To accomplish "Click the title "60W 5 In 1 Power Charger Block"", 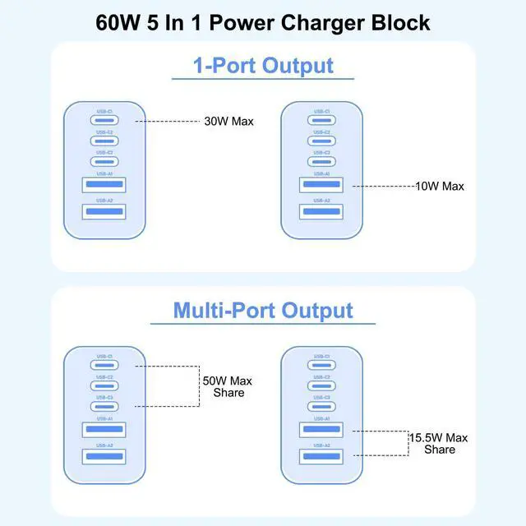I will point(263,21).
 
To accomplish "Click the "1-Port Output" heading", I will point(263,65).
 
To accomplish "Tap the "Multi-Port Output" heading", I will point(263,310).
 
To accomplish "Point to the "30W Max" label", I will point(228,122).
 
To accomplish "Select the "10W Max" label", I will point(440,187).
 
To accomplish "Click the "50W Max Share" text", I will point(228,386).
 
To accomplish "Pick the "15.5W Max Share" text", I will point(440,444).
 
